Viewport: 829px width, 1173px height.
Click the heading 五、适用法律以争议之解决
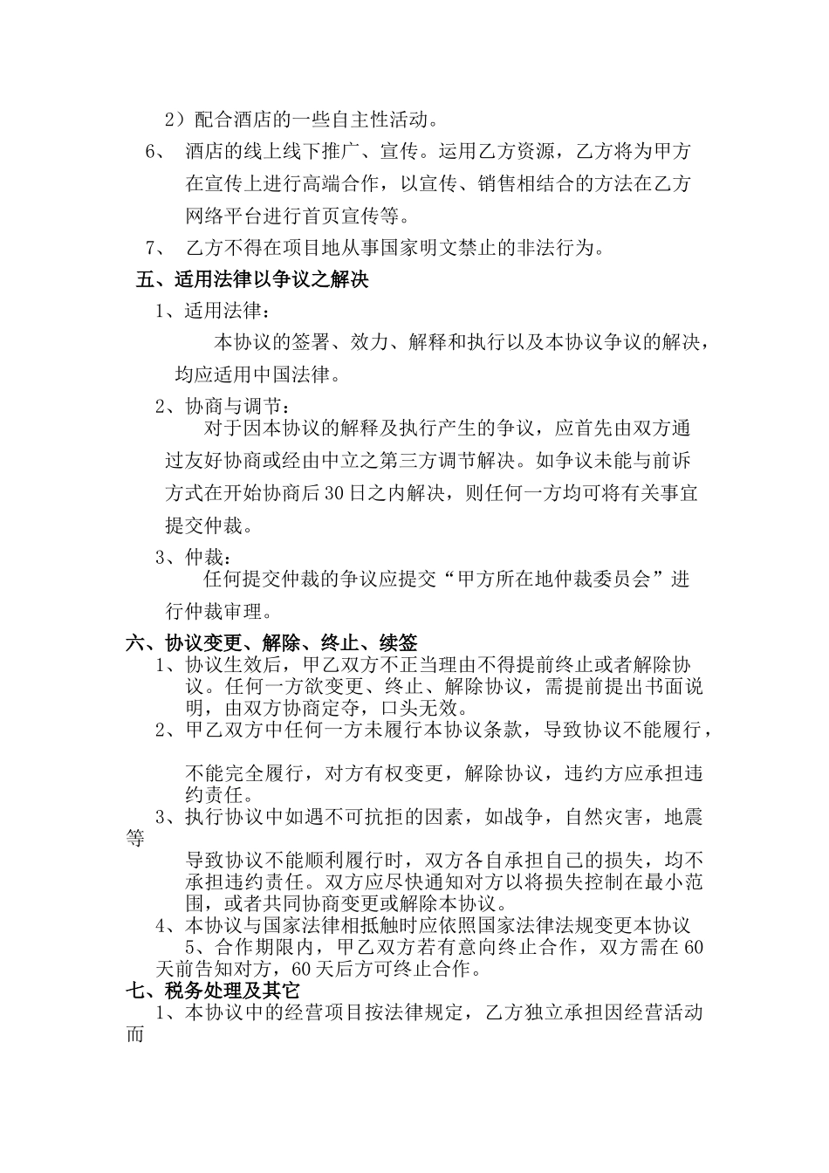click(x=253, y=280)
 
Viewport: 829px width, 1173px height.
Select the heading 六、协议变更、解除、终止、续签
click(x=271, y=643)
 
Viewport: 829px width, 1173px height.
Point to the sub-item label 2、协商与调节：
click(x=224, y=408)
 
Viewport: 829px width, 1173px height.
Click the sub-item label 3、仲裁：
click(x=194, y=557)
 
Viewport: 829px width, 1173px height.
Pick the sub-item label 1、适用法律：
click(x=214, y=311)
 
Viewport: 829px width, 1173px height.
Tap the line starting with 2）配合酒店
click(x=301, y=119)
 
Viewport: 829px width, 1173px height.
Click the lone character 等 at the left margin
click(x=135, y=839)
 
